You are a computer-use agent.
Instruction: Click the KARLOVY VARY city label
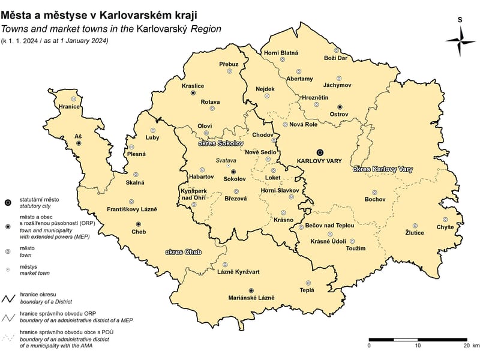pyautogui.click(x=319, y=161)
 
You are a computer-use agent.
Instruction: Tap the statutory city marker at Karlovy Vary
pyautogui.click(x=320, y=152)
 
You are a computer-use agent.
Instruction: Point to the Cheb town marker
pyautogui.click(x=139, y=224)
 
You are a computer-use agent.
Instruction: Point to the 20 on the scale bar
pyautogui.click(x=466, y=346)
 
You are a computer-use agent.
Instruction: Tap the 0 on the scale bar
pyautogui.click(x=369, y=346)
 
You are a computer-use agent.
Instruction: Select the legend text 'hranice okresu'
pyautogui.click(x=38, y=295)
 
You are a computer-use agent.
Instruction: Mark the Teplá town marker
pyautogui.click(x=308, y=283)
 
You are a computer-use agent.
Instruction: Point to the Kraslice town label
pyautogui.click(x=193, y=86)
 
